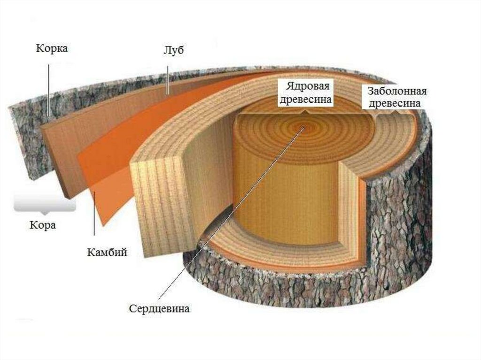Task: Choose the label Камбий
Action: pyautogui.click(x=107, y=253)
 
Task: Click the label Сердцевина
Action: pyautogui.click(x=160, y=310)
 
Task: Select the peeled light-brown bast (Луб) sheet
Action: pyautogui.click(x=70, y=150)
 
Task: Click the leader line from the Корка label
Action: pyautogui.click(x=49, y=89)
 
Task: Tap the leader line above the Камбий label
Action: pyautogui.click(x=95, y=221)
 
